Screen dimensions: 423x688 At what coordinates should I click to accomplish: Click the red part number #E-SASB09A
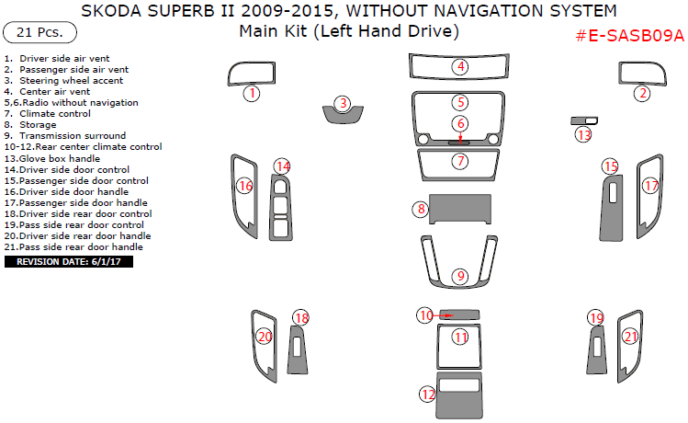629,36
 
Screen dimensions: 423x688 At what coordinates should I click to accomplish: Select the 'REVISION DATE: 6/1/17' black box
70,262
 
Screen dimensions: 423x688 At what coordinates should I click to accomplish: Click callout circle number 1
251,93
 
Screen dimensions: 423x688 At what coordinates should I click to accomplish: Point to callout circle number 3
343,104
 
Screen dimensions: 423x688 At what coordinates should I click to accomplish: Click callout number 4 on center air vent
460,66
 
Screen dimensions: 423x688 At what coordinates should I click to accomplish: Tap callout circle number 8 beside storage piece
421,210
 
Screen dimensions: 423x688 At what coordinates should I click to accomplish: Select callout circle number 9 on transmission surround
460,276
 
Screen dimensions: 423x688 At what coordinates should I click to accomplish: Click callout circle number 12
427,394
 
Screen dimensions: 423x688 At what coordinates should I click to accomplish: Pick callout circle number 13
584,135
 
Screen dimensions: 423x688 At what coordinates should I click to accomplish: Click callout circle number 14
283,166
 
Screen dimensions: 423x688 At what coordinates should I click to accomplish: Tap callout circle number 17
650,186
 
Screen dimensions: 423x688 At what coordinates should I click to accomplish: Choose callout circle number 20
264,337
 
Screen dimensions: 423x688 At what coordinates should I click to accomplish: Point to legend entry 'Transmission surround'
64,136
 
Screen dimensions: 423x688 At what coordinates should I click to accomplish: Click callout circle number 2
643,93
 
